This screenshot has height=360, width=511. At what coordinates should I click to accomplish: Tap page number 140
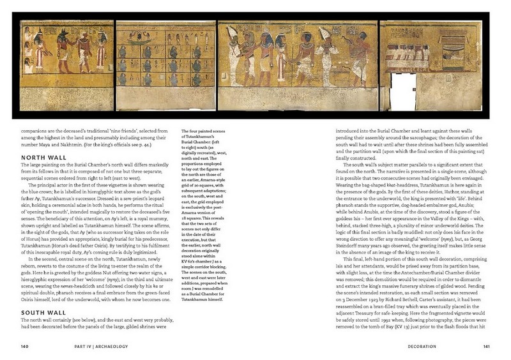[x=25, y=347]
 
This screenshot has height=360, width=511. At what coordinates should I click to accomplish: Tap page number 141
[x=485, y=347]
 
